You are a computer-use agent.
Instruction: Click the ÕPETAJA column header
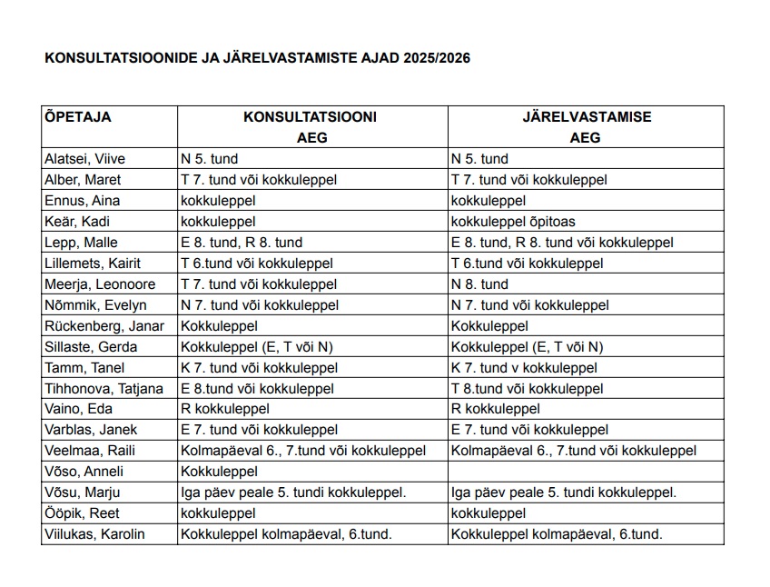(x=78, y=117)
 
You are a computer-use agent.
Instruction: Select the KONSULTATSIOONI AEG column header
(x=311, y=127)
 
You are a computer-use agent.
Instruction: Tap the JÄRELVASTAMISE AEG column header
(x=586, y=127)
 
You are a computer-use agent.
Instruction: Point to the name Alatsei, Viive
(x=85, y=159)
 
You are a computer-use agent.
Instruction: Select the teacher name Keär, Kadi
(x=75, y=222)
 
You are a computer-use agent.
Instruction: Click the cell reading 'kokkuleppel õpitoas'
(x=513, y=222)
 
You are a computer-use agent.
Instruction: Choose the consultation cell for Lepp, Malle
(x=242, y=243)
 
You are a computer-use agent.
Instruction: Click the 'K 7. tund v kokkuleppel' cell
(x=524, y=368)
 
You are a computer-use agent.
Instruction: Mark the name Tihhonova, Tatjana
(x=104, y=389)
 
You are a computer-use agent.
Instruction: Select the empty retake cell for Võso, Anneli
(x=586, y=473)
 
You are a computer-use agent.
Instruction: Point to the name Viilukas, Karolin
(x=94, y=534)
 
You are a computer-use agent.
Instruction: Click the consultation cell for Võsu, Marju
(x=293, y=493)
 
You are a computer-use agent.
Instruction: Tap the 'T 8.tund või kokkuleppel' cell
(x=527, y=389)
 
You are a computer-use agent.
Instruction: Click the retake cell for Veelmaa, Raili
(x=574, y=452)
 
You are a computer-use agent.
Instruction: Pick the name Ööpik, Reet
(x=82, y=513)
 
